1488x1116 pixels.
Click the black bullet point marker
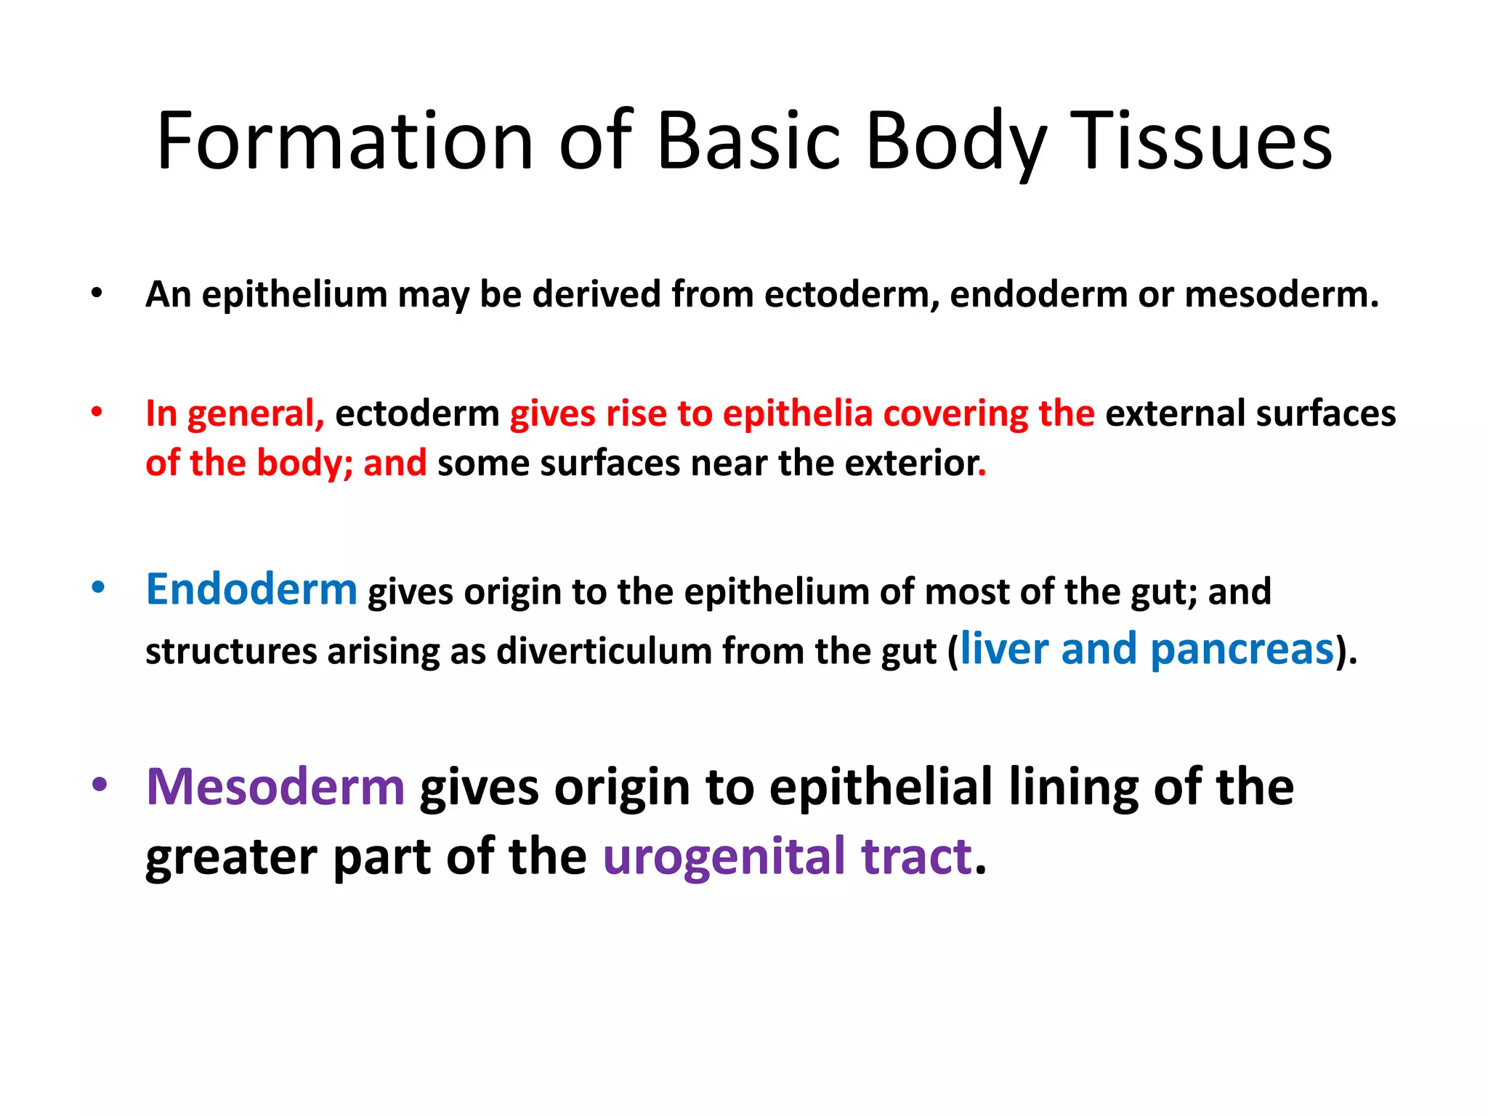point(97,294)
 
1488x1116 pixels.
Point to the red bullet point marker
point(97,412)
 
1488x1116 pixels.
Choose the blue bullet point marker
point(98,587)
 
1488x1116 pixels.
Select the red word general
point(255,413)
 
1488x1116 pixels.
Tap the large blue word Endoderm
point(251,589)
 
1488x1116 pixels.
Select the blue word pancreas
point(1242,649)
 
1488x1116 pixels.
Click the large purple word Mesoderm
point(275,787)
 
